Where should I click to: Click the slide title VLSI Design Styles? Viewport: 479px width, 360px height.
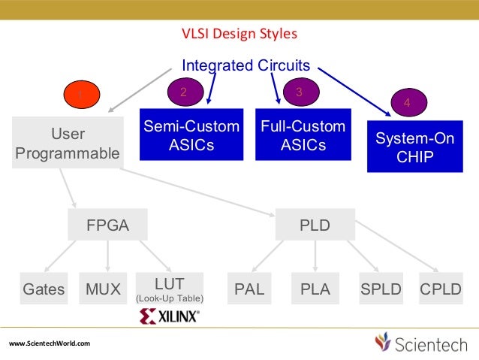[x=239, y=34]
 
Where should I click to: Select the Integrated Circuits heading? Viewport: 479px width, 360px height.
[x=246, y=65]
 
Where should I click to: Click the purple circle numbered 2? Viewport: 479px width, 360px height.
[x=182, y=92]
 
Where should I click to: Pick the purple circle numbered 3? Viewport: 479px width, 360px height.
[x=299, y=92]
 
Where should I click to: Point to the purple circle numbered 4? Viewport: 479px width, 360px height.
[x=407, y=101]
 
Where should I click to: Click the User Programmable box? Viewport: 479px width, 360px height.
[x=68, y=143]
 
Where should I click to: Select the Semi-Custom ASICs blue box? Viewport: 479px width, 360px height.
[x=191, y=135]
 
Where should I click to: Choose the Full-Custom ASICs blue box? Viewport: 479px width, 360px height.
[x=303, y=135]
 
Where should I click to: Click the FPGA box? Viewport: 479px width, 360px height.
[x=108, y=225]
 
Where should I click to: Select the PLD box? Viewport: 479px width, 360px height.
[x=315, y=225]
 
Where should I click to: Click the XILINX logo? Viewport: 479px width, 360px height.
[x=170, y=316]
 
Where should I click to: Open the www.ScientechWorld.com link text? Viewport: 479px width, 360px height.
[x=50, y=343]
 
